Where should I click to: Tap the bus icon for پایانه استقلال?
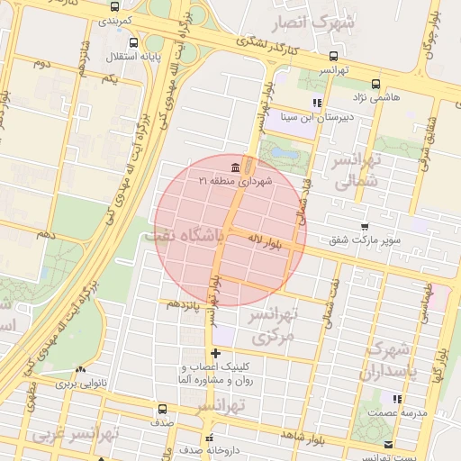tap(133, 42)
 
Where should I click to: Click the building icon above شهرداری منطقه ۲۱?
tap(235, 167)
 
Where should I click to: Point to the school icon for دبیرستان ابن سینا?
tap(316, 103)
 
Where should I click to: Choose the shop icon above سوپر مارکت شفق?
tap(364, 227)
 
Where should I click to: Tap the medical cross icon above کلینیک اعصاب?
tap(214, 353)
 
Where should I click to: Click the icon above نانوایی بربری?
tap(82, 369)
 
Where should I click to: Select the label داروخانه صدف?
tap(209, 449)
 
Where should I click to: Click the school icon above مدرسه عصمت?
tap(396, 398)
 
